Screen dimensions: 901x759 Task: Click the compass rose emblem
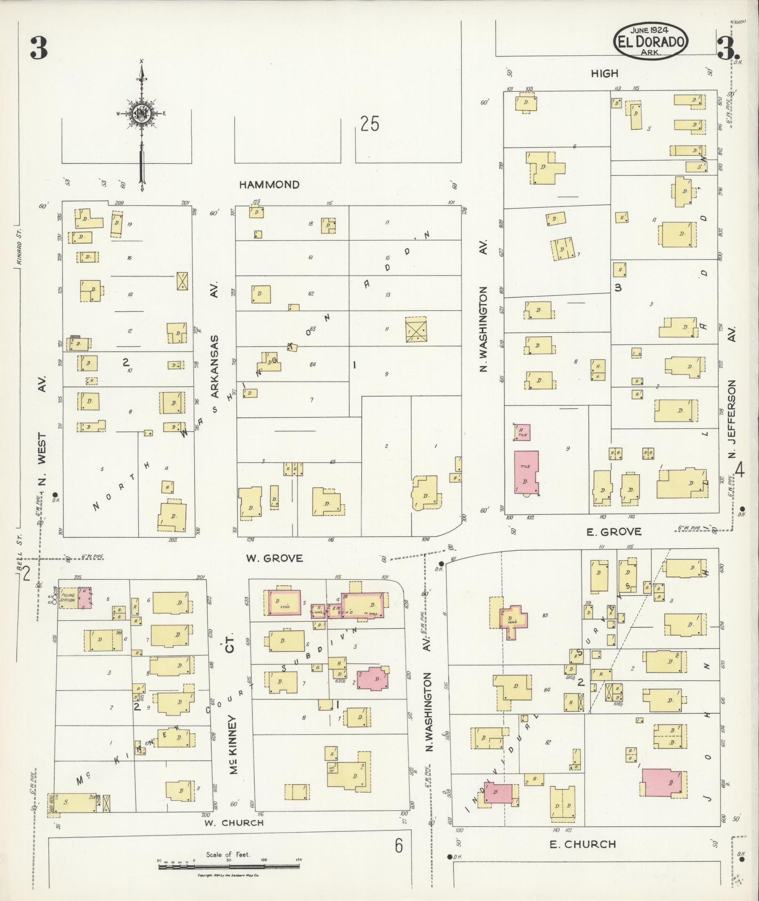point(141,114)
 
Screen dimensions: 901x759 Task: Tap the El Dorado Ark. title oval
point(651,41)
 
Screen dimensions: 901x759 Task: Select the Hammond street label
point(269,185)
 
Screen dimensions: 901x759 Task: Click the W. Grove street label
point(275,558)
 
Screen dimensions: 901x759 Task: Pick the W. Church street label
point(234,823)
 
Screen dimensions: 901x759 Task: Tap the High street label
point(604,73)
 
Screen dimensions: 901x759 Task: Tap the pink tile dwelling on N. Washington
point(526,473)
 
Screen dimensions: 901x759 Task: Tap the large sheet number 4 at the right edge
point(740,470)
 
